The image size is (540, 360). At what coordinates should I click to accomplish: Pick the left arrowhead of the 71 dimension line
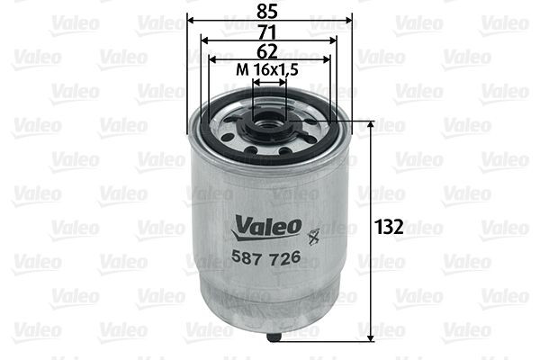pos(203,40)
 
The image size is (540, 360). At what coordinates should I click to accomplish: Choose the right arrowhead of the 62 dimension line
pos(327,60)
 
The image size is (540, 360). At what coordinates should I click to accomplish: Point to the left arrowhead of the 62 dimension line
pos(213,60)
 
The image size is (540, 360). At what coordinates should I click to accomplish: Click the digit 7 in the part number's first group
pos(255,256)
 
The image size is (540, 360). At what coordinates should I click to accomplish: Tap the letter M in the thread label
pos(240,70)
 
